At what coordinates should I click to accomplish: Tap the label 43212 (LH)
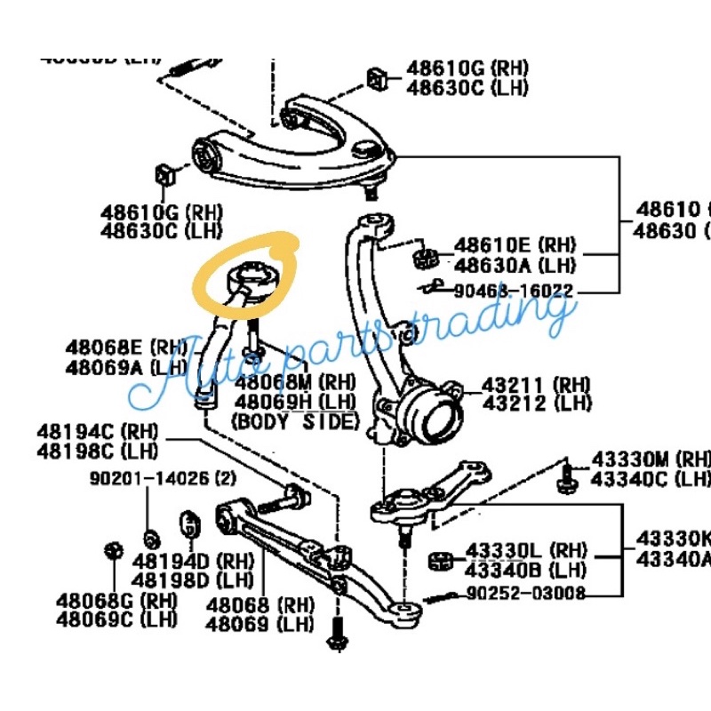pos(537,404)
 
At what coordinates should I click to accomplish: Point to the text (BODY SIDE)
pos(295,422)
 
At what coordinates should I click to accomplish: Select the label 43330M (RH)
pos(651,460)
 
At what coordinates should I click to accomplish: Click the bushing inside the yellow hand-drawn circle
pos(250,279)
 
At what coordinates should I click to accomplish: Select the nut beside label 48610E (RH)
pos(422,259)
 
